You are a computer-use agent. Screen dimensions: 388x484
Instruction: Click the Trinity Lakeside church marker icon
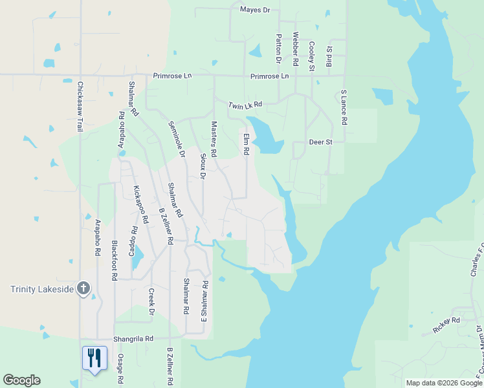[83, 288]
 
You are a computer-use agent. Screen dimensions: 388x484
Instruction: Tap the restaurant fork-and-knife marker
[94, 358]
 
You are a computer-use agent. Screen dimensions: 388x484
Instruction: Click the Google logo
[21, 380]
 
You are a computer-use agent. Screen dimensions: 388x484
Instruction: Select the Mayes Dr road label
[255, 10]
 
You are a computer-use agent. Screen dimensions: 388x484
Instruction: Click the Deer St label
[320, 142]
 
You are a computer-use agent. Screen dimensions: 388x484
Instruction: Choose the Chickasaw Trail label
[81, 107]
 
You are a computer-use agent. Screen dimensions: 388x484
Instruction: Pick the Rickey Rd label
[446, 320]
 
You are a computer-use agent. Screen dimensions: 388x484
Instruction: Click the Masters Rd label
[214, 140]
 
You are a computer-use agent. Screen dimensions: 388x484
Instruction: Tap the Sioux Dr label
[203, 166]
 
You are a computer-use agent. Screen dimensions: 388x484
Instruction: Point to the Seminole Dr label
[177, 140]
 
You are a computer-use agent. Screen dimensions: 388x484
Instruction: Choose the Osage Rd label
[120, 370]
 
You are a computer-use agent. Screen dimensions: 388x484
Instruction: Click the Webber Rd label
[295, 50]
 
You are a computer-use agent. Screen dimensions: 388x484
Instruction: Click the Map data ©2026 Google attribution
[443, 383]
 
